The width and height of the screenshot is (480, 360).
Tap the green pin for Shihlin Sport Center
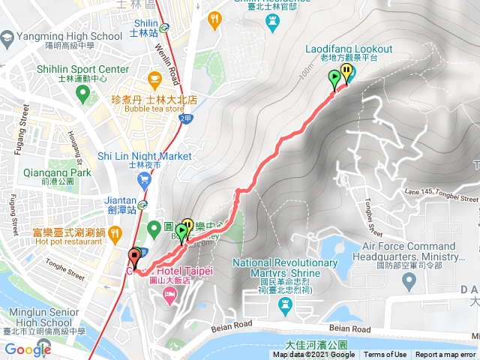coord(83,94)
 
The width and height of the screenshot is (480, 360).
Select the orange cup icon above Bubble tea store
coord(155,78)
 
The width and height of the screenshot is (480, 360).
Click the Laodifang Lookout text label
coord(340,49)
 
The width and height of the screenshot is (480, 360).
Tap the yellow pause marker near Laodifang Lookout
coord(346,73)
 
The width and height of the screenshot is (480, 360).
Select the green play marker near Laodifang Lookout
coord(334,79)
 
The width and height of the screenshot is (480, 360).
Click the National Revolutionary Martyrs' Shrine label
coord(285,268)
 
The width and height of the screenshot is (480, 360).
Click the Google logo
coord(28,349)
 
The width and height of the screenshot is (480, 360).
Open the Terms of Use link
coord(385,355)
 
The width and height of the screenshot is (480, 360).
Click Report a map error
coord(445,355)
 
